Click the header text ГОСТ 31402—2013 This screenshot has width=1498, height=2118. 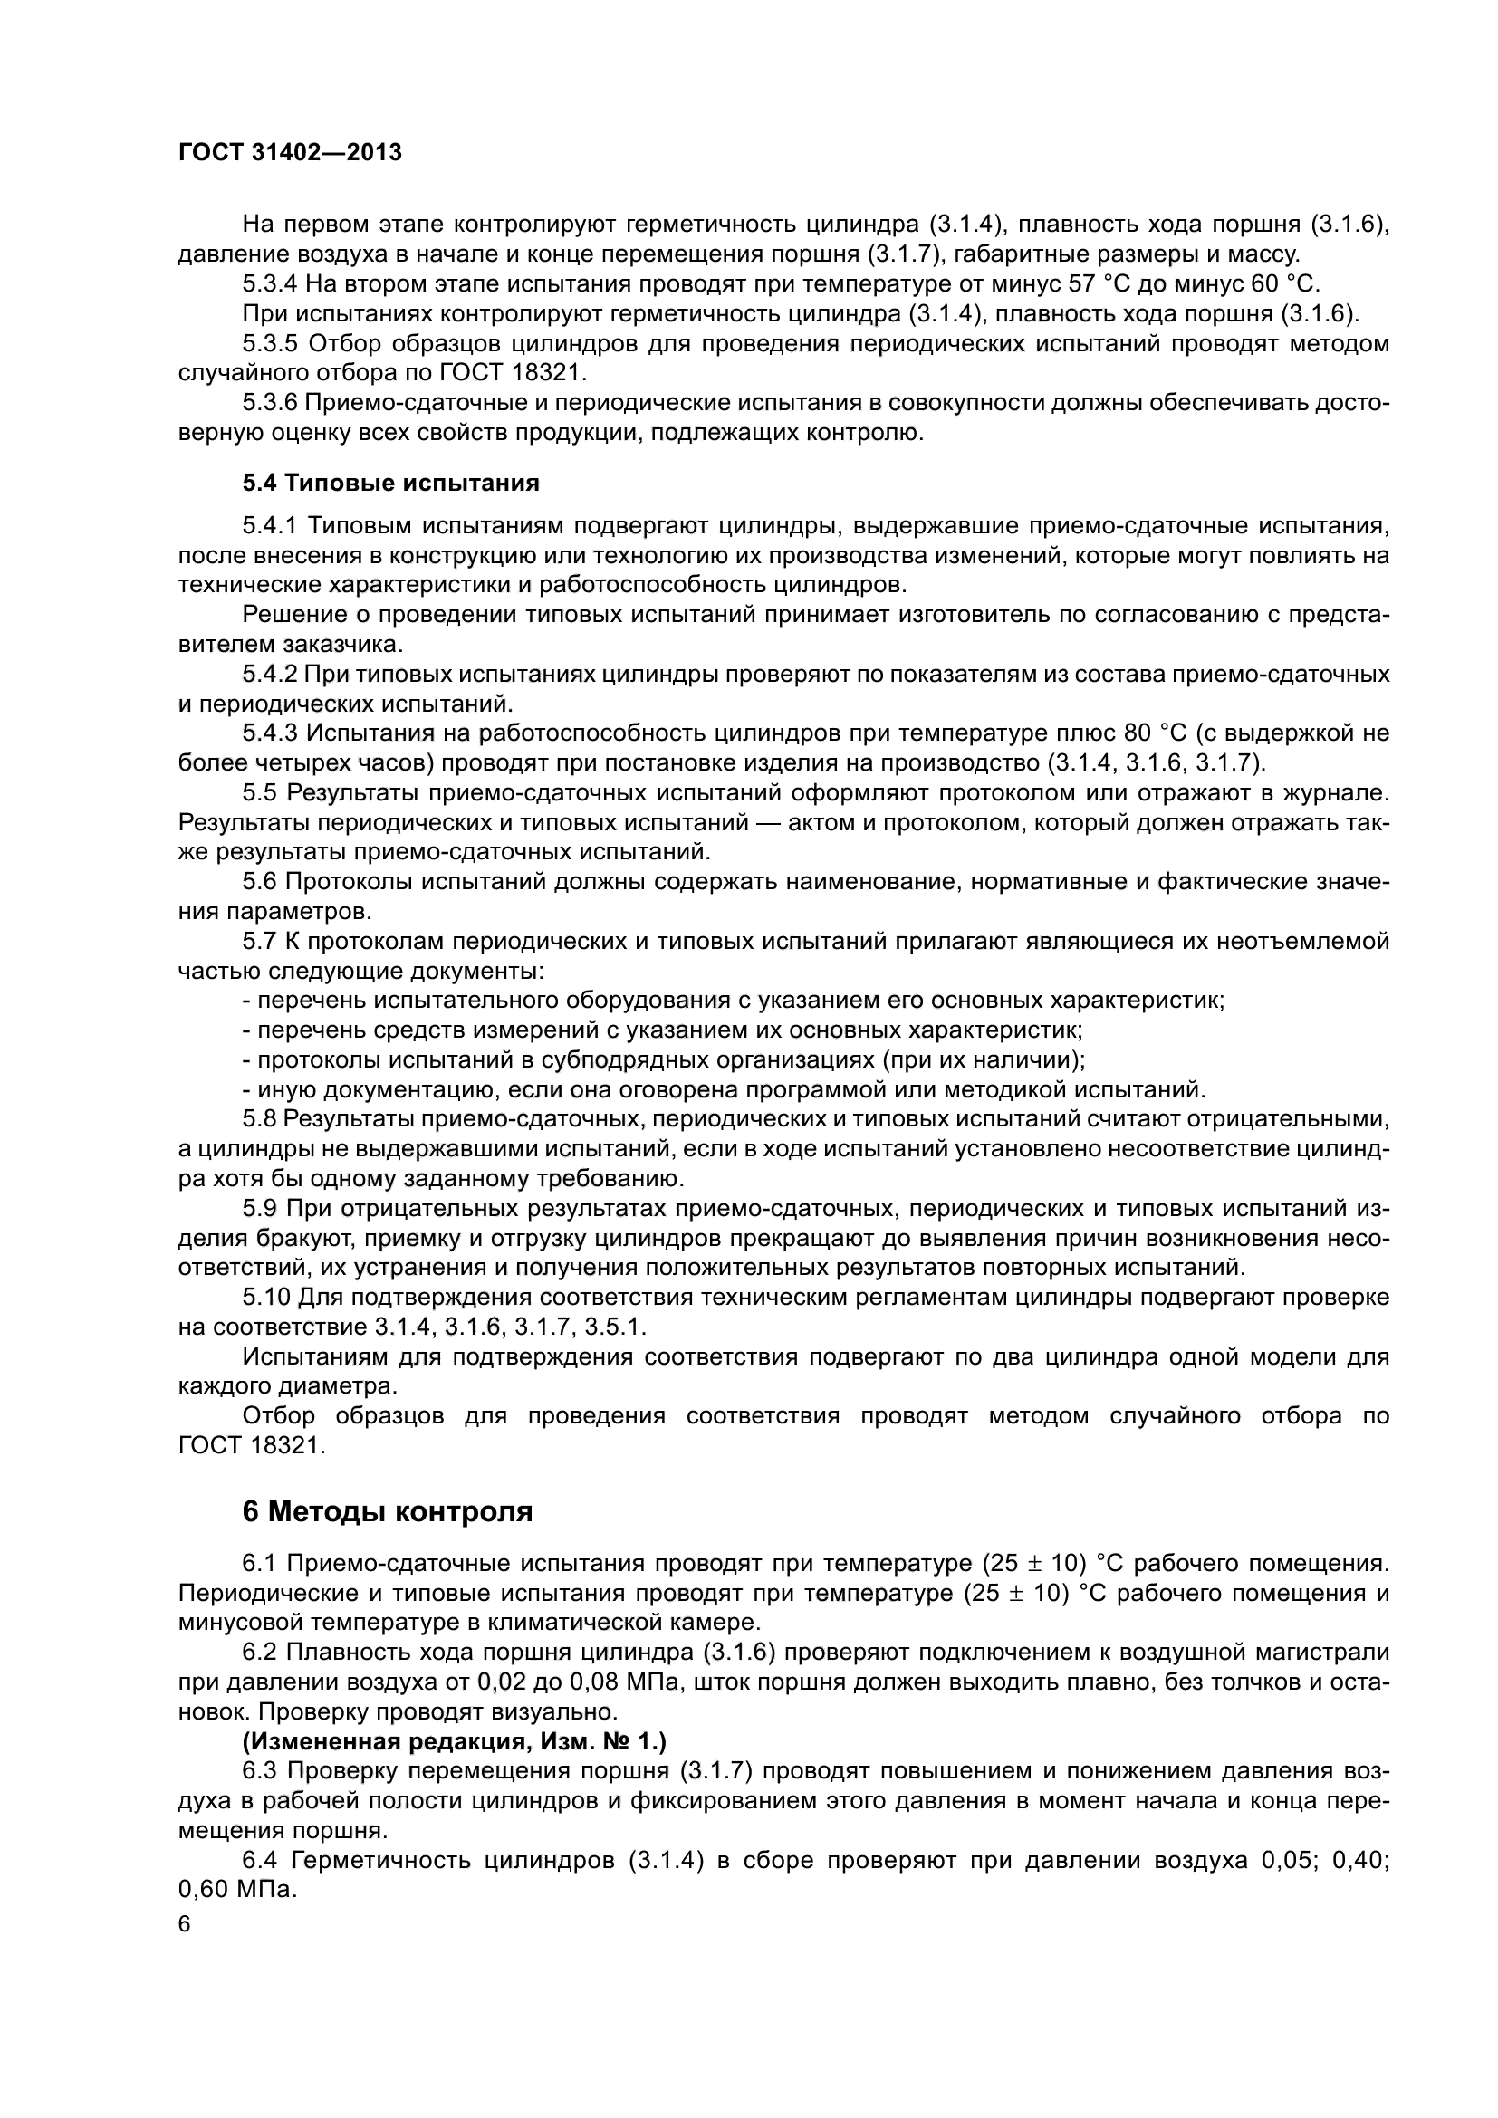[x=290, y=153]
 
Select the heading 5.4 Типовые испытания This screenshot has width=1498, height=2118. [x=390, y=483]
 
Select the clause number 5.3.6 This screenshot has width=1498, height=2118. [x=269, y=403]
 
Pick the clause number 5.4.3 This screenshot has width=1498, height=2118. [x=269, y=733]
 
